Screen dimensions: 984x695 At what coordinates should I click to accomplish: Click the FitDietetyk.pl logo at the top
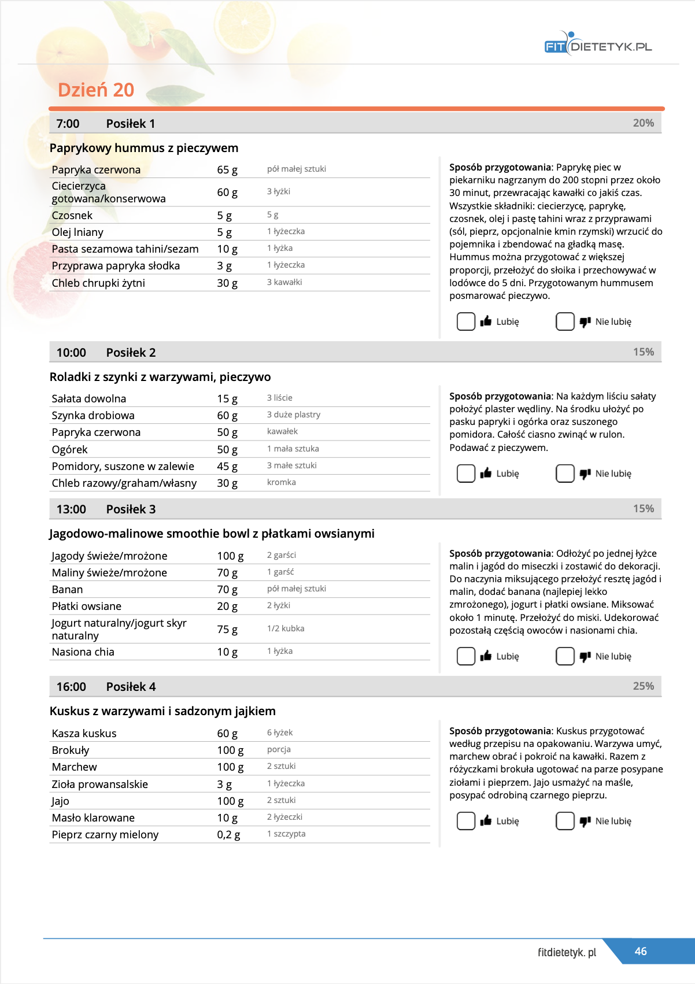tap(598, 45)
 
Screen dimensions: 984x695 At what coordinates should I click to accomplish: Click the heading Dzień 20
tap(96, 90)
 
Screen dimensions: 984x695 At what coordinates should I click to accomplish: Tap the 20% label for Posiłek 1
tap(643, 123)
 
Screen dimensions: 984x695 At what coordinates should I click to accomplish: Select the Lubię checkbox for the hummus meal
tap(466, 321)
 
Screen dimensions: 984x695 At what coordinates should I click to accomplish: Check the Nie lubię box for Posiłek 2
tap(565, 473)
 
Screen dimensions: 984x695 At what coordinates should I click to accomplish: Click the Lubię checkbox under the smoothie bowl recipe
tap(466, 656)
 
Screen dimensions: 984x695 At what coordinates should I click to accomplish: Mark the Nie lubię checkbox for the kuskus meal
tap(565, 821)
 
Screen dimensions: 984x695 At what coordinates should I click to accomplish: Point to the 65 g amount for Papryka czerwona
tap(227, 170)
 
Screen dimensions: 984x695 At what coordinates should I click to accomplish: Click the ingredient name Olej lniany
tap(77, 232)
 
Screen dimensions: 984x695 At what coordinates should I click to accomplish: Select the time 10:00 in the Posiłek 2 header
tap(71, 353)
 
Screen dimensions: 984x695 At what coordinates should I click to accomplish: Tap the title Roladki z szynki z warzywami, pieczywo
tap(160, 377)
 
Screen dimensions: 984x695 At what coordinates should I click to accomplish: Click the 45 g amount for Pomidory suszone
tap(227, 467)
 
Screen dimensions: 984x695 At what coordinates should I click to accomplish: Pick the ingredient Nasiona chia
tap(83, 652)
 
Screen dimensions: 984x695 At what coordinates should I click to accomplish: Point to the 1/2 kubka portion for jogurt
tap(286, 628)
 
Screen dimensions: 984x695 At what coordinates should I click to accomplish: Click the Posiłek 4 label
tap(131, 687)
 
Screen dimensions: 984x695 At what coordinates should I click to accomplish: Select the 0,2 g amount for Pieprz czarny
tap(228, 835)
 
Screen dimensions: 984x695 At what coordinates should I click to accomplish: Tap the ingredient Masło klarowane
tap(93, 818)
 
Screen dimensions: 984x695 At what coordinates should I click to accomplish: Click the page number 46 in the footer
tap(641, 951)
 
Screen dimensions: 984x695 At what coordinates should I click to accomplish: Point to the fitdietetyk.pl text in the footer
tap(567, 952)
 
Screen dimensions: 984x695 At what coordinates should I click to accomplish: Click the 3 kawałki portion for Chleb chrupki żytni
tap(284, 282)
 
